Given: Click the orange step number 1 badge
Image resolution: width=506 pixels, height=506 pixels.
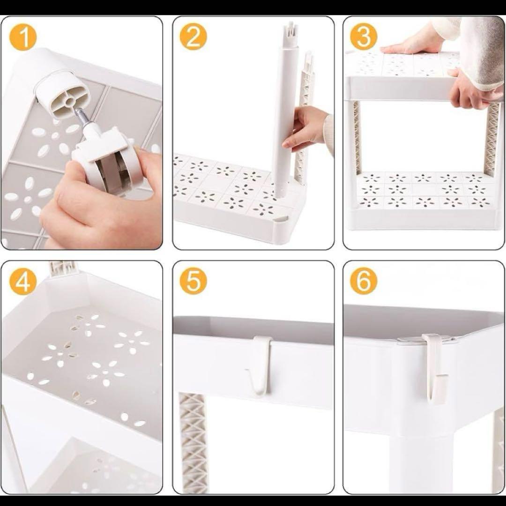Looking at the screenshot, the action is tap(23, 37).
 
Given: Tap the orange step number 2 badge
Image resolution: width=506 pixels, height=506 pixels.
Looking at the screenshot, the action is tap(193, 37).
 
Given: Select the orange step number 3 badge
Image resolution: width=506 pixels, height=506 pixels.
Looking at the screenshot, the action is tap(363, 37).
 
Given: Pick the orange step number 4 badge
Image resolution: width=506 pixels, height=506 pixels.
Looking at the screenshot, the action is tap(23, 282).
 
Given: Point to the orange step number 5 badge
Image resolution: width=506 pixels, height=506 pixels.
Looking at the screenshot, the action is tap(193, 282).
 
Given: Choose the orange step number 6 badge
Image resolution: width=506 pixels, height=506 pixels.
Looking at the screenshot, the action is tap(363, 282).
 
